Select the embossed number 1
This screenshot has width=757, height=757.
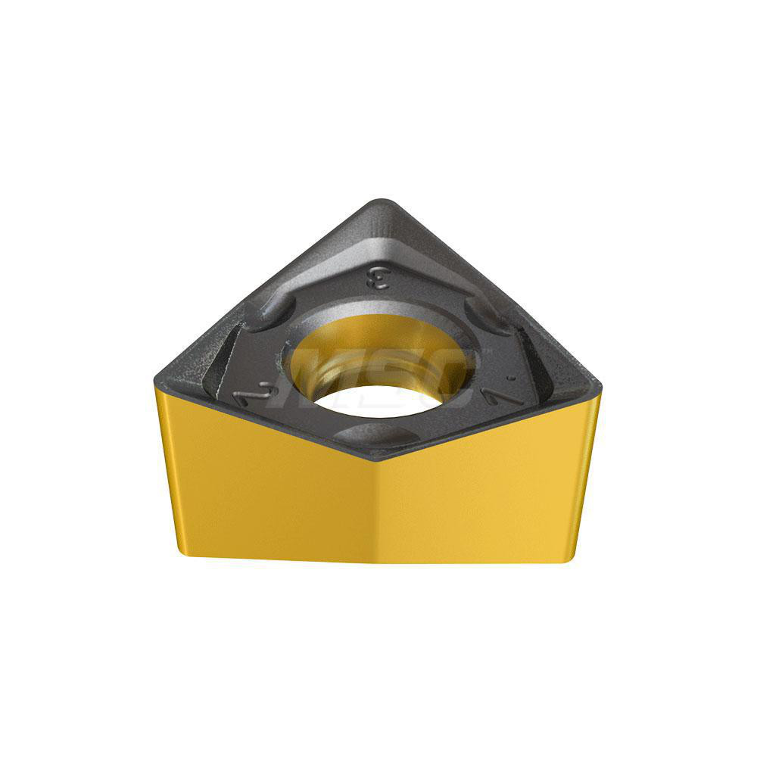[x=506, y=394]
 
